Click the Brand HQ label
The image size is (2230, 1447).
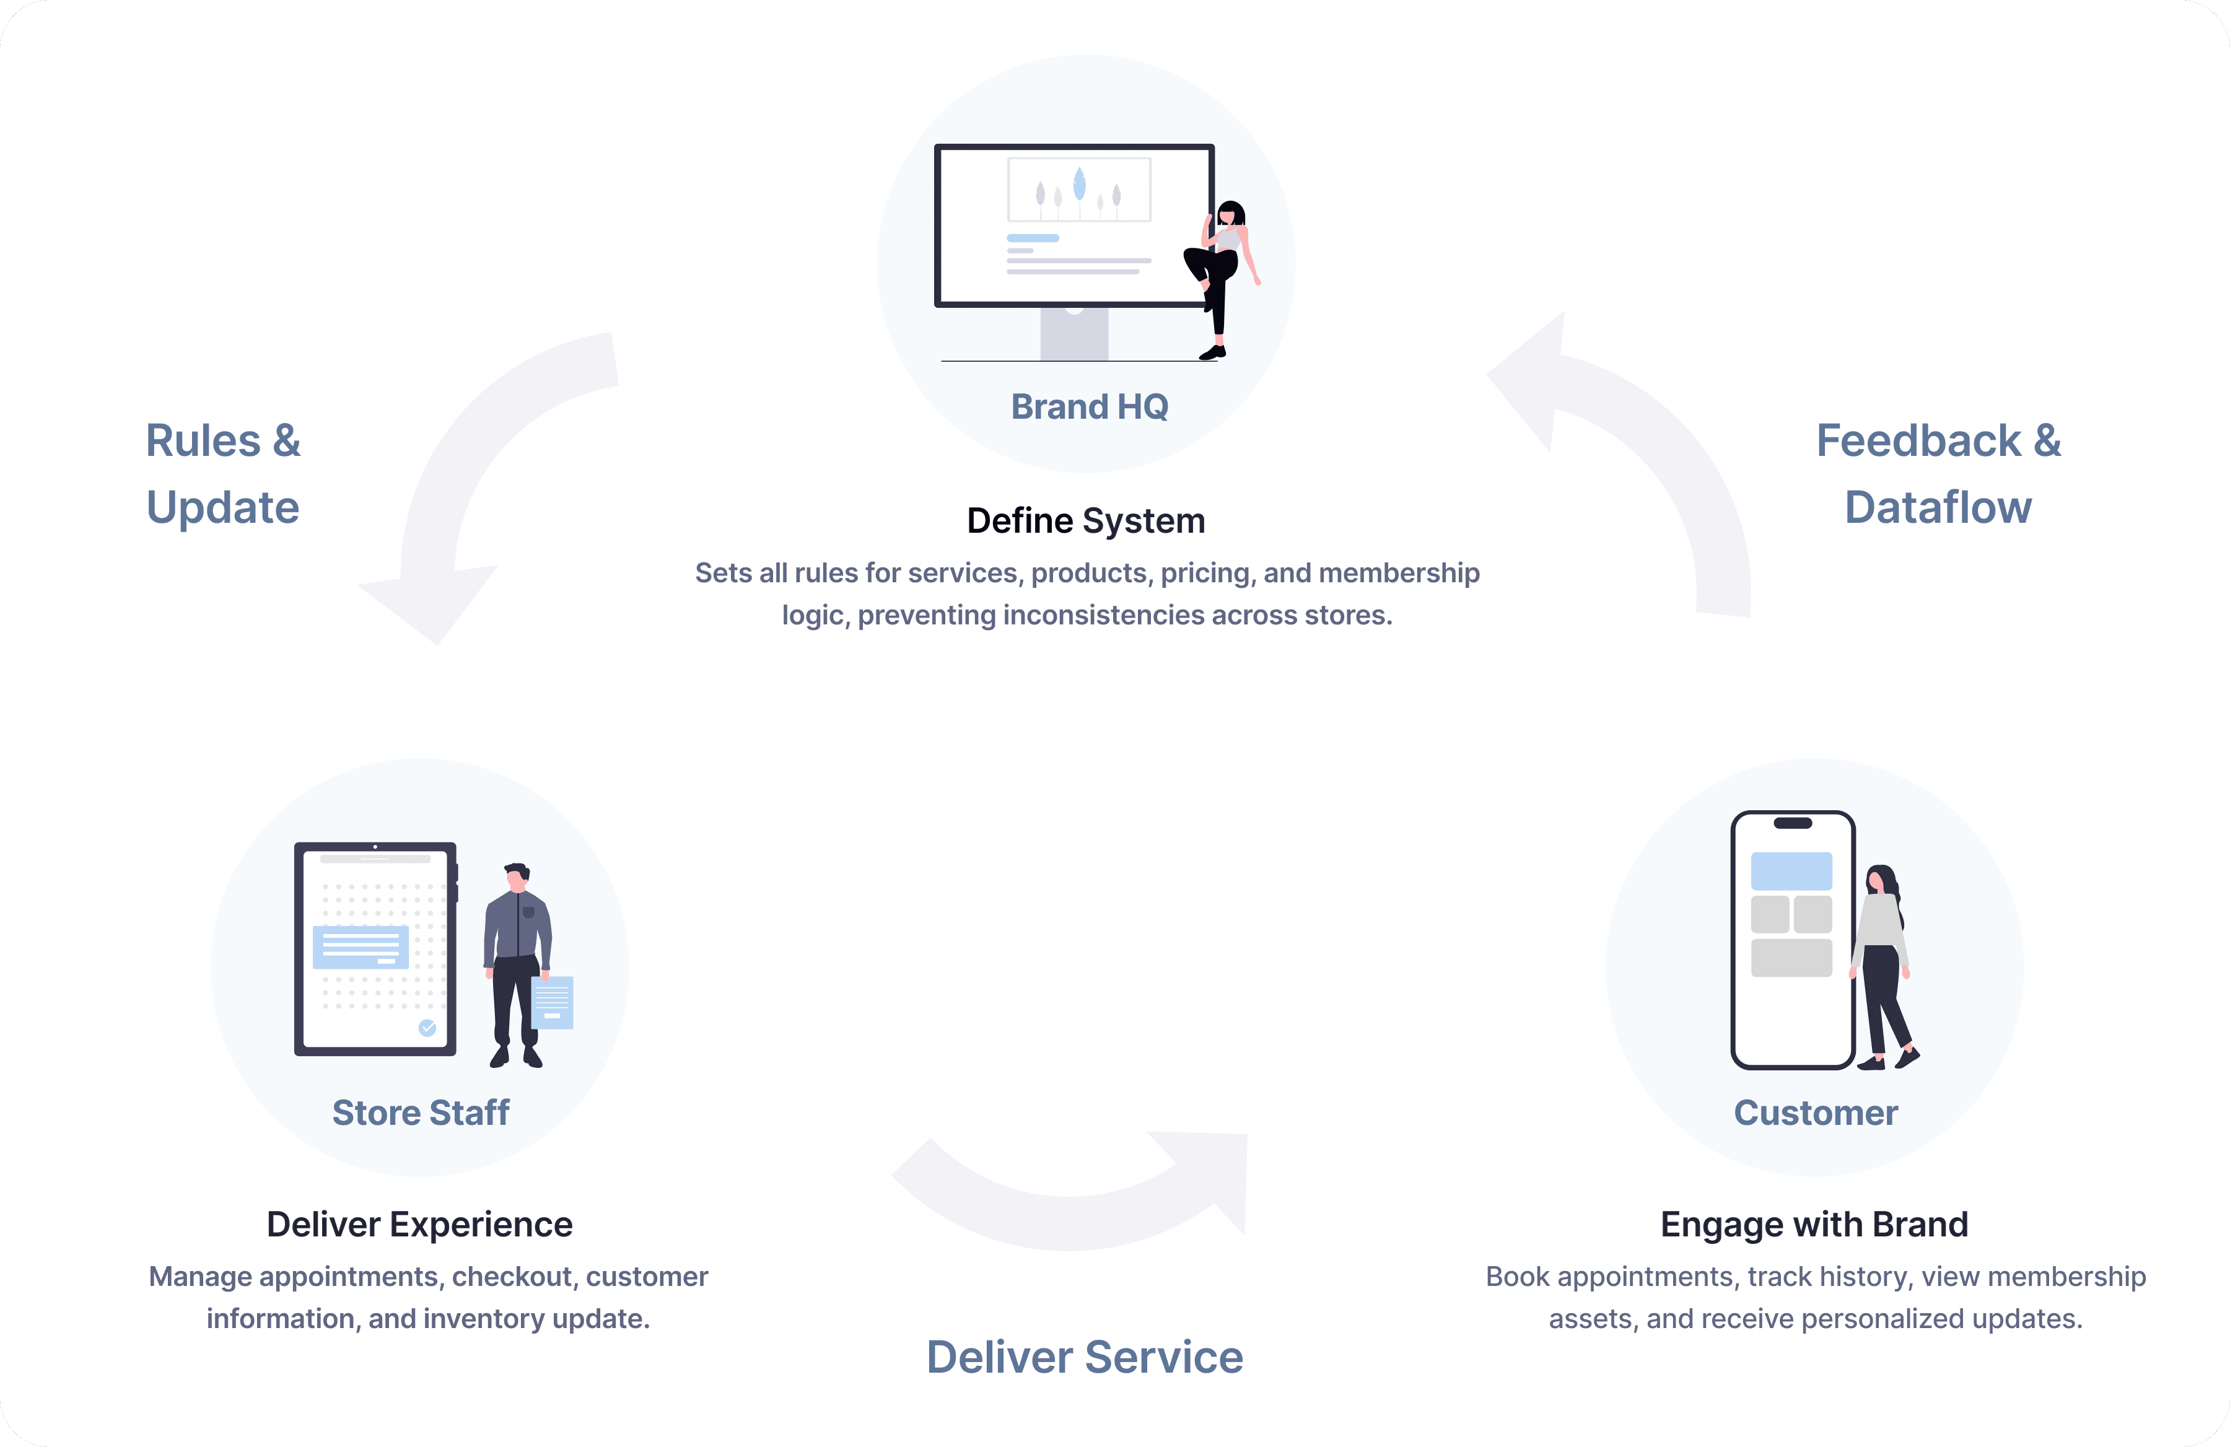pyautogui.click(x=1089, y=407)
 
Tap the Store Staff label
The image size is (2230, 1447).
pyautogui.click(x=421, y=1113)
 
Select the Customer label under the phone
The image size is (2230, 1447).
pyautogui.click(x=1815, y=1113)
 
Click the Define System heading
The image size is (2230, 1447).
pyautogui.click(x=1086, y=520)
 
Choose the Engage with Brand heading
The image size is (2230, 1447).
pyautogui.click(x=1814, y=1224)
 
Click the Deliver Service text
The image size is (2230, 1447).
pyautogui.click(x=1084, y=1356)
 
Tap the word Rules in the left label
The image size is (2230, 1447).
pyautogui.click(x=203, y=440)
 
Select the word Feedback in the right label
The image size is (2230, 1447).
pyautogui.click(x=1918, y=440)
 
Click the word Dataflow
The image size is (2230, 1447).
pyautogui.click(x=1938, y=507)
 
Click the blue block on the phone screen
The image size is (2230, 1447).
pyautogui.click(x=1791, y=871)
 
